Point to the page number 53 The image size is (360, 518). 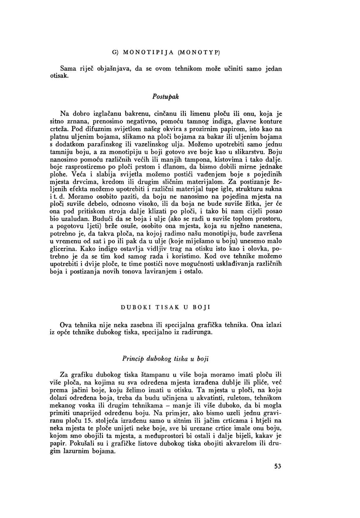(x=278, y=466)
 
